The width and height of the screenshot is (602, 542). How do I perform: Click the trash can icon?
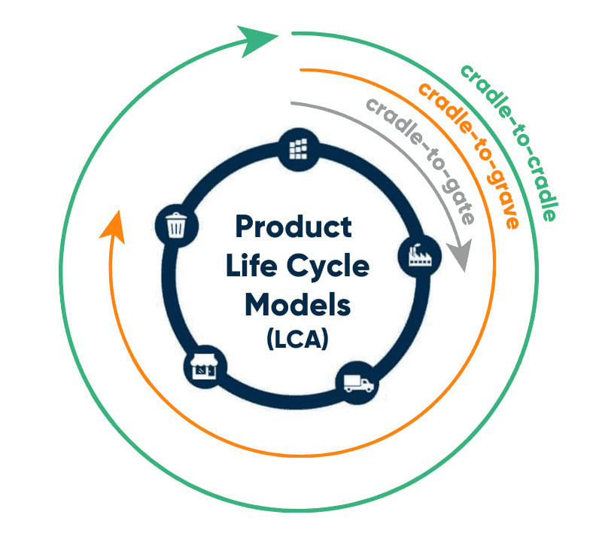tap(175, 224)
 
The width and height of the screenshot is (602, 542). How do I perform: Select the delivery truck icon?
tap(358, 384)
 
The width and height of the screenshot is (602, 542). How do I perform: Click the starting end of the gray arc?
tap(292, 103)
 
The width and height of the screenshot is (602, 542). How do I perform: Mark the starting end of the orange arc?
tap(301, 70)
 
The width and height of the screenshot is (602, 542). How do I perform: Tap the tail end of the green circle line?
tap(293, 34)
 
